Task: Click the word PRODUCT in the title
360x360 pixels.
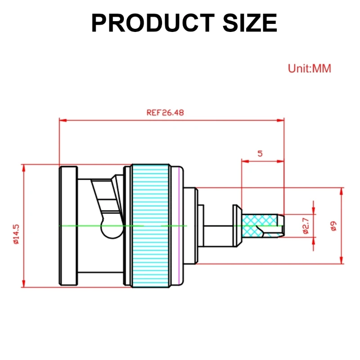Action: point(151,23)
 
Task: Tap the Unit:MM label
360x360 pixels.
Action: point(309,69)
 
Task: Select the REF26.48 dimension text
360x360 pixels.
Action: point(165,113)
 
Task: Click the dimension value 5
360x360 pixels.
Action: point(260,153)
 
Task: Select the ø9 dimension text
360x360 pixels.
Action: point(333,225)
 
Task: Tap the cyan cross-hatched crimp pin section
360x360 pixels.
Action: point(259,225)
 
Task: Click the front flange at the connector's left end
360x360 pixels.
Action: point(67,225)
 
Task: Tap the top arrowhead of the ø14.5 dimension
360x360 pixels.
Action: point(23,168)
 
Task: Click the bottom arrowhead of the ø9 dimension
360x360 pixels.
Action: point(341,261)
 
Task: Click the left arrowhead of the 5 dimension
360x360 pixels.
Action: point(244,161)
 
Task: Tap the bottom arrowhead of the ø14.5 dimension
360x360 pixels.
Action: point(23,283)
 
